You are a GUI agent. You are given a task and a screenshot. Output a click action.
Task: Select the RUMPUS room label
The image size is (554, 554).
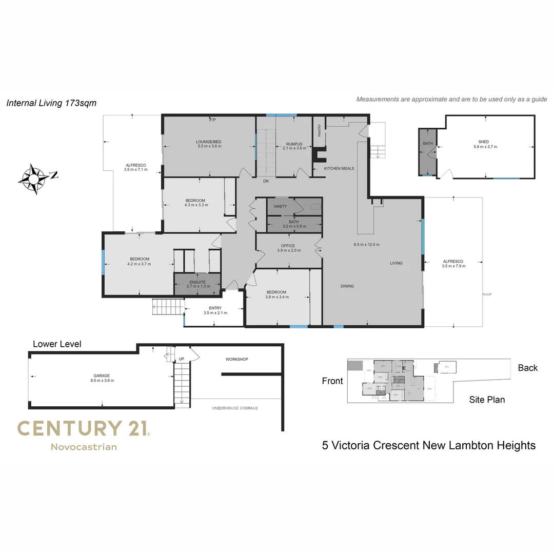[x=294, y=144]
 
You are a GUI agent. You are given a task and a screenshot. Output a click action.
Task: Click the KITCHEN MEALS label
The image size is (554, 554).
[x=339, y=168]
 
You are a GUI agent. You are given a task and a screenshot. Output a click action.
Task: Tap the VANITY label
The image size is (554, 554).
[x=280, y=206]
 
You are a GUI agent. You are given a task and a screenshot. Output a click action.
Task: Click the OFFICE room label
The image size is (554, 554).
[x=288, y=246]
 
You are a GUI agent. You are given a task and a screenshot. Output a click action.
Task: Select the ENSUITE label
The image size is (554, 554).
[x=197, y=282]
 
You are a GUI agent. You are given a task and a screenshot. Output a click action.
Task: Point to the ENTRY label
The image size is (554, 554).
[x=215, y=308]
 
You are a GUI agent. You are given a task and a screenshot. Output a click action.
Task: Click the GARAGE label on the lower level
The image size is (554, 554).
[x=102, y=375]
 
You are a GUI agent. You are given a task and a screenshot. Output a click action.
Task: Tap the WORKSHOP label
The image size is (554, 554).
[x=236, y=359]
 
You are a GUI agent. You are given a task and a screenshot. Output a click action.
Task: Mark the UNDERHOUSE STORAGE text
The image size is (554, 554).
[x=235, y=408]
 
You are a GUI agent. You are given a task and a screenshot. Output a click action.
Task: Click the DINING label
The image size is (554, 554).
[x=347, y=286]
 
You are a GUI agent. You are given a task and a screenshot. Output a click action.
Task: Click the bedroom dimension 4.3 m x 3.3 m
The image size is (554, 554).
[x=195, y=205]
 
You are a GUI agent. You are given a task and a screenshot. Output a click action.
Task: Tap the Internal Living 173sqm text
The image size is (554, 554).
[x=51, y=103]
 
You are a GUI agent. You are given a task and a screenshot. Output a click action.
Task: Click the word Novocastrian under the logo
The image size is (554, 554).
[x=84, y=447]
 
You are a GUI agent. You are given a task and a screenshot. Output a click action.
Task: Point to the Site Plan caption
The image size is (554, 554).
[x=487, y=400]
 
